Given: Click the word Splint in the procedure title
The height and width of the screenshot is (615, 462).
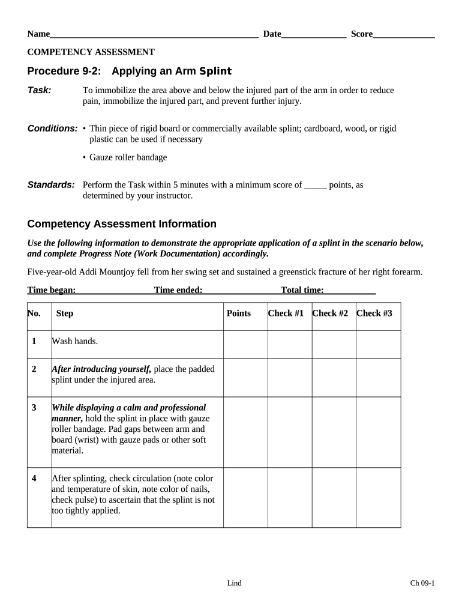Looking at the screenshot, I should tap(215, 71).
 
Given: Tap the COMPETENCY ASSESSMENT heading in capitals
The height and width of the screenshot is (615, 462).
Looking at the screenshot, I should tap(91, 52).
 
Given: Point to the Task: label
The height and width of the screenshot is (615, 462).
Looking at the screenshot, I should tap(40, 90).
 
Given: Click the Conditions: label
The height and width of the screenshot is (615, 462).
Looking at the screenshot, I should tap(53, 129).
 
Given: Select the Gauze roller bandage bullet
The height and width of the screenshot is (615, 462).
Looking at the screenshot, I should tap(128, 157).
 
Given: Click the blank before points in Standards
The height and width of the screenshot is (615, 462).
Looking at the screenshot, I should tap(316, 186).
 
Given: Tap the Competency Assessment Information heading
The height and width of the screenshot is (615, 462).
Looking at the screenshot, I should tap(122, 224).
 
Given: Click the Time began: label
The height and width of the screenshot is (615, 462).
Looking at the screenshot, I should tap(52, 290).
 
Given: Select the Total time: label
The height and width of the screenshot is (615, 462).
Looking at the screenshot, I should tap(302, 290).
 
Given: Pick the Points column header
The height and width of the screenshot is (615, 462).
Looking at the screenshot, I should tap(239, 313).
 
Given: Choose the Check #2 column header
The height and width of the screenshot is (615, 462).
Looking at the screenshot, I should tap(330, 313).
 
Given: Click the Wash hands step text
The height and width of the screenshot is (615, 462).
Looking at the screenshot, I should tap(75, 341).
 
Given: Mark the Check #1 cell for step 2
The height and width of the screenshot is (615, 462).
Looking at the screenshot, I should tap(289, 377).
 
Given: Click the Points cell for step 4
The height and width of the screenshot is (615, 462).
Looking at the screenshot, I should tap(245, 497).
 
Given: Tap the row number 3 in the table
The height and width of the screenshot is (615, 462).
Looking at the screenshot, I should tap(34, 407).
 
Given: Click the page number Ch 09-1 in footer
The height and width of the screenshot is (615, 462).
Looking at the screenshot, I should tap(422, 583).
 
